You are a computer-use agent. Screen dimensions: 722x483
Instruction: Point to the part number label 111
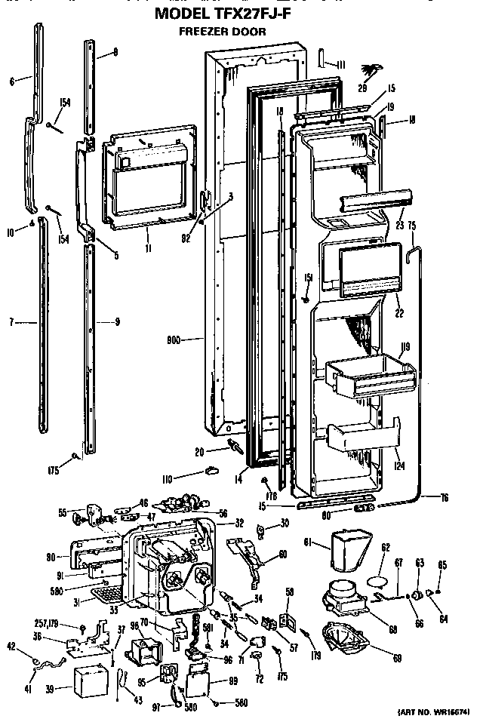pyautogui.click(x=340, y=65)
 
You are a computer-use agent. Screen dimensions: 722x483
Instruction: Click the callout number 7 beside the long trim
pyautogui.click(x=13, y=323)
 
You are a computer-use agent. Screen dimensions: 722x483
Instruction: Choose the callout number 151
pyautogui.click(x=309, y=278)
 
